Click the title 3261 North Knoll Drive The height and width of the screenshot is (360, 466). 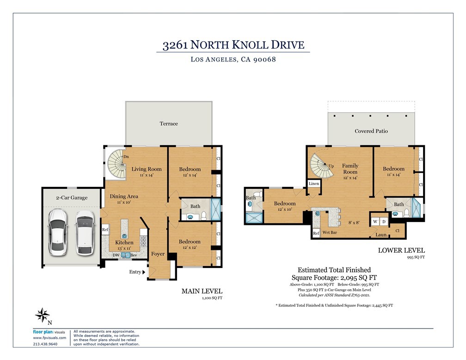click(233, 45)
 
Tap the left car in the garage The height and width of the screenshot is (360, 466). click(59, 232)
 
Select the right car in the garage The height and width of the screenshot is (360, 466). click(85, 232)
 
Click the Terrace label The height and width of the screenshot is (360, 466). click(169, 124)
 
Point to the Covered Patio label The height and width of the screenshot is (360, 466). click(371, 131)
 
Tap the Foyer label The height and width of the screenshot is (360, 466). click(158, 254)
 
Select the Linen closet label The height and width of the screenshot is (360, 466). click(313, 184)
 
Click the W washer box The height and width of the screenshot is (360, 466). click(375, 222)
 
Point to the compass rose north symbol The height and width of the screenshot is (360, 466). click(42, 315)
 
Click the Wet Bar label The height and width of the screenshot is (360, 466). click(329, 232)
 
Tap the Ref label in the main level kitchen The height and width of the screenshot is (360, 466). click(105, 230)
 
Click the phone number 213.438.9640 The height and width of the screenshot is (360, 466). click(45, 344)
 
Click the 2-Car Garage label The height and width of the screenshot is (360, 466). click(72, 198)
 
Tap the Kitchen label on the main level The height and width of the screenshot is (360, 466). click(124, 242)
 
